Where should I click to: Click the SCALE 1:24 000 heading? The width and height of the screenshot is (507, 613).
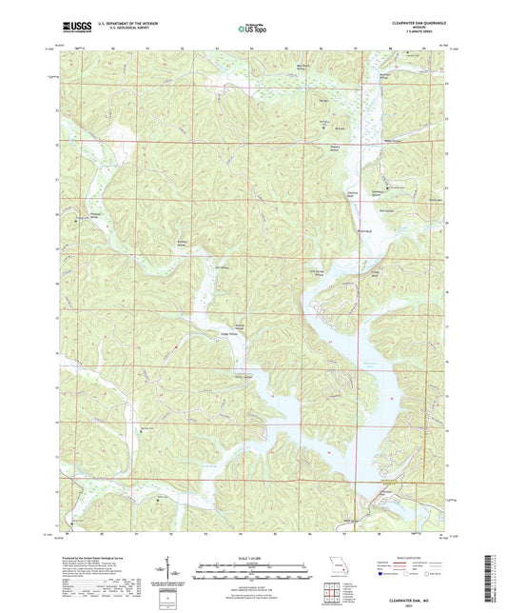[x=252, y=557]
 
